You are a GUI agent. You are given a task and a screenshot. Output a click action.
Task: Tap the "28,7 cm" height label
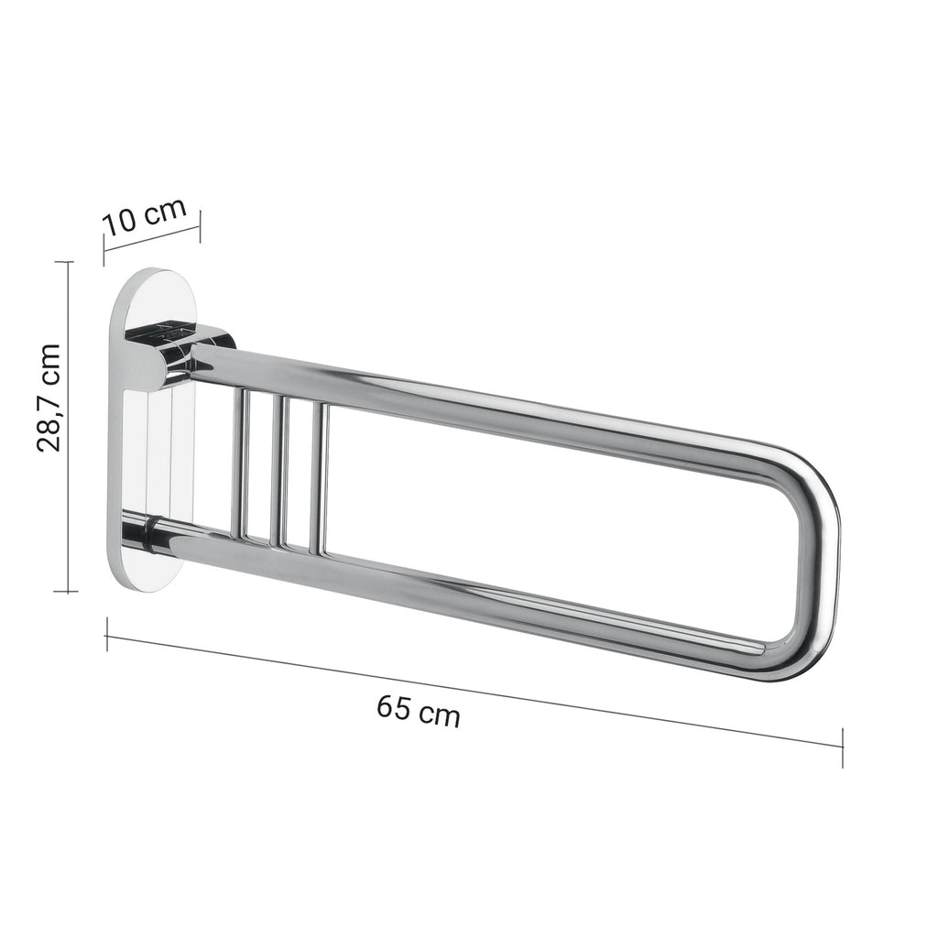pyautogui.click(x=49, y=398)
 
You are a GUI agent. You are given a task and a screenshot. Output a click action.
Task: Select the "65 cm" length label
pyautogui.click(x=419, y=711)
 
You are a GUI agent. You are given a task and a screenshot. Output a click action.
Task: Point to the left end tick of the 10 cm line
pyautogui.click(x=104, y=250)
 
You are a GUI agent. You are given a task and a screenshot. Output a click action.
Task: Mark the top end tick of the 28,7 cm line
pyautogui.click(x=64, y=262)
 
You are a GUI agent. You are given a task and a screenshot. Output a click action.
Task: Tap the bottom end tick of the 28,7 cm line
pyautogui.click(x=64, y=591)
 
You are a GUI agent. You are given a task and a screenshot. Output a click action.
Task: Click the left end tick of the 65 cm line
pyautogui.click(x=107, y=634)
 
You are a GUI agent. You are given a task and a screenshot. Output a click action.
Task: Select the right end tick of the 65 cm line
pyautogui.click(x=842, y=747)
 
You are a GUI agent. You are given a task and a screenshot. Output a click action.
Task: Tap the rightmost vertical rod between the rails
pyautogui.click(x=319, y=478)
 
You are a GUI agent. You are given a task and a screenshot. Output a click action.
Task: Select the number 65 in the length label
pyautogui.click(x=394, y=707)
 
